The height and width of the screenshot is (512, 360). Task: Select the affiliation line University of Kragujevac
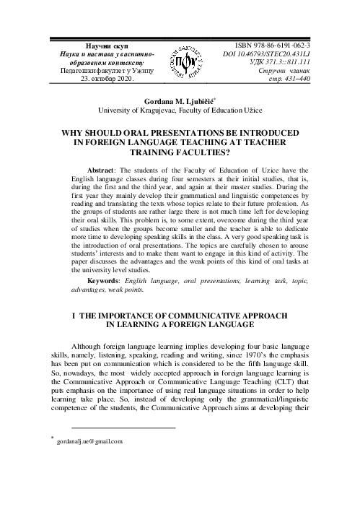coord(180,113)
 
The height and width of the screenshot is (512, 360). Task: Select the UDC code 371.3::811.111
coord(278,64)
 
